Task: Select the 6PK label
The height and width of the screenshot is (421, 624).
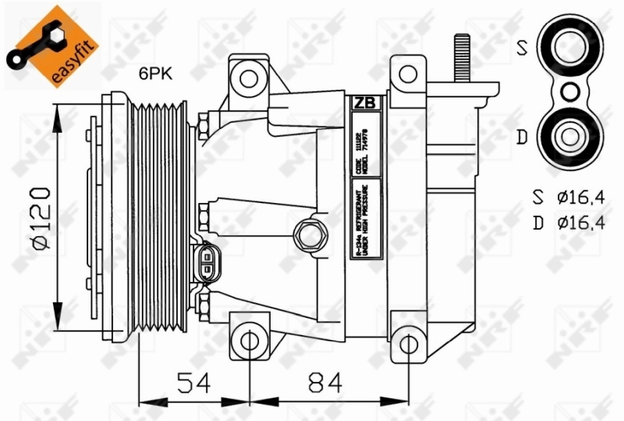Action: [x=156, y=74]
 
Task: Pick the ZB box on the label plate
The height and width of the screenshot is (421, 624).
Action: [x=363, y=102]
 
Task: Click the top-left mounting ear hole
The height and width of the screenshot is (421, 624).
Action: [x=249, y=78]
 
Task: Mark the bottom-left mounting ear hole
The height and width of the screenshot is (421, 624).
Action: [x=249, y=341]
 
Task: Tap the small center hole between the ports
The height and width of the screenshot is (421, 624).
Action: [x=569, y=92]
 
